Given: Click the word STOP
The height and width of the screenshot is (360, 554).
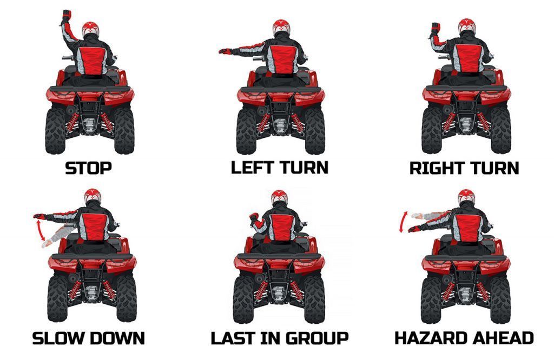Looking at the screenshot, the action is point(88,168).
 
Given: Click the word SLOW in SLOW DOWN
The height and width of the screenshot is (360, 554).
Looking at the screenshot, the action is point(57,338).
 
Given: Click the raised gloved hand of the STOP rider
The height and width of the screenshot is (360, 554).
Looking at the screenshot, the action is point(66,16).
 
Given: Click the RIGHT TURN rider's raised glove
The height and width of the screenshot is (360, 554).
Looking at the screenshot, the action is point(436,28).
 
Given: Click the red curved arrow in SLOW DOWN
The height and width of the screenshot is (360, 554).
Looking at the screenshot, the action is point(40,229).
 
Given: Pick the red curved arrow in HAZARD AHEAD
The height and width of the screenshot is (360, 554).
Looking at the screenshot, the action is point(403,222).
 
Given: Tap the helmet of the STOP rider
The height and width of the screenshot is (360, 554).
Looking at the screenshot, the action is point(90,29).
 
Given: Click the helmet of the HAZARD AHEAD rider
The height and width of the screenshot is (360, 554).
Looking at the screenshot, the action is point(466,197).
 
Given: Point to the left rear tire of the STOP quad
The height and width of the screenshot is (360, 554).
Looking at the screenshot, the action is point(55,130).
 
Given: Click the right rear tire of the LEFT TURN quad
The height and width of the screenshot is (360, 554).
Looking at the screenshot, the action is point(315,131).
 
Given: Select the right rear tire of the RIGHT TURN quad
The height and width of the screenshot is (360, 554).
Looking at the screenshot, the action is point(500,130).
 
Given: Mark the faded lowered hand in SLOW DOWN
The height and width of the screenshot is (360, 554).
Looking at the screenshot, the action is point(45,243).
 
